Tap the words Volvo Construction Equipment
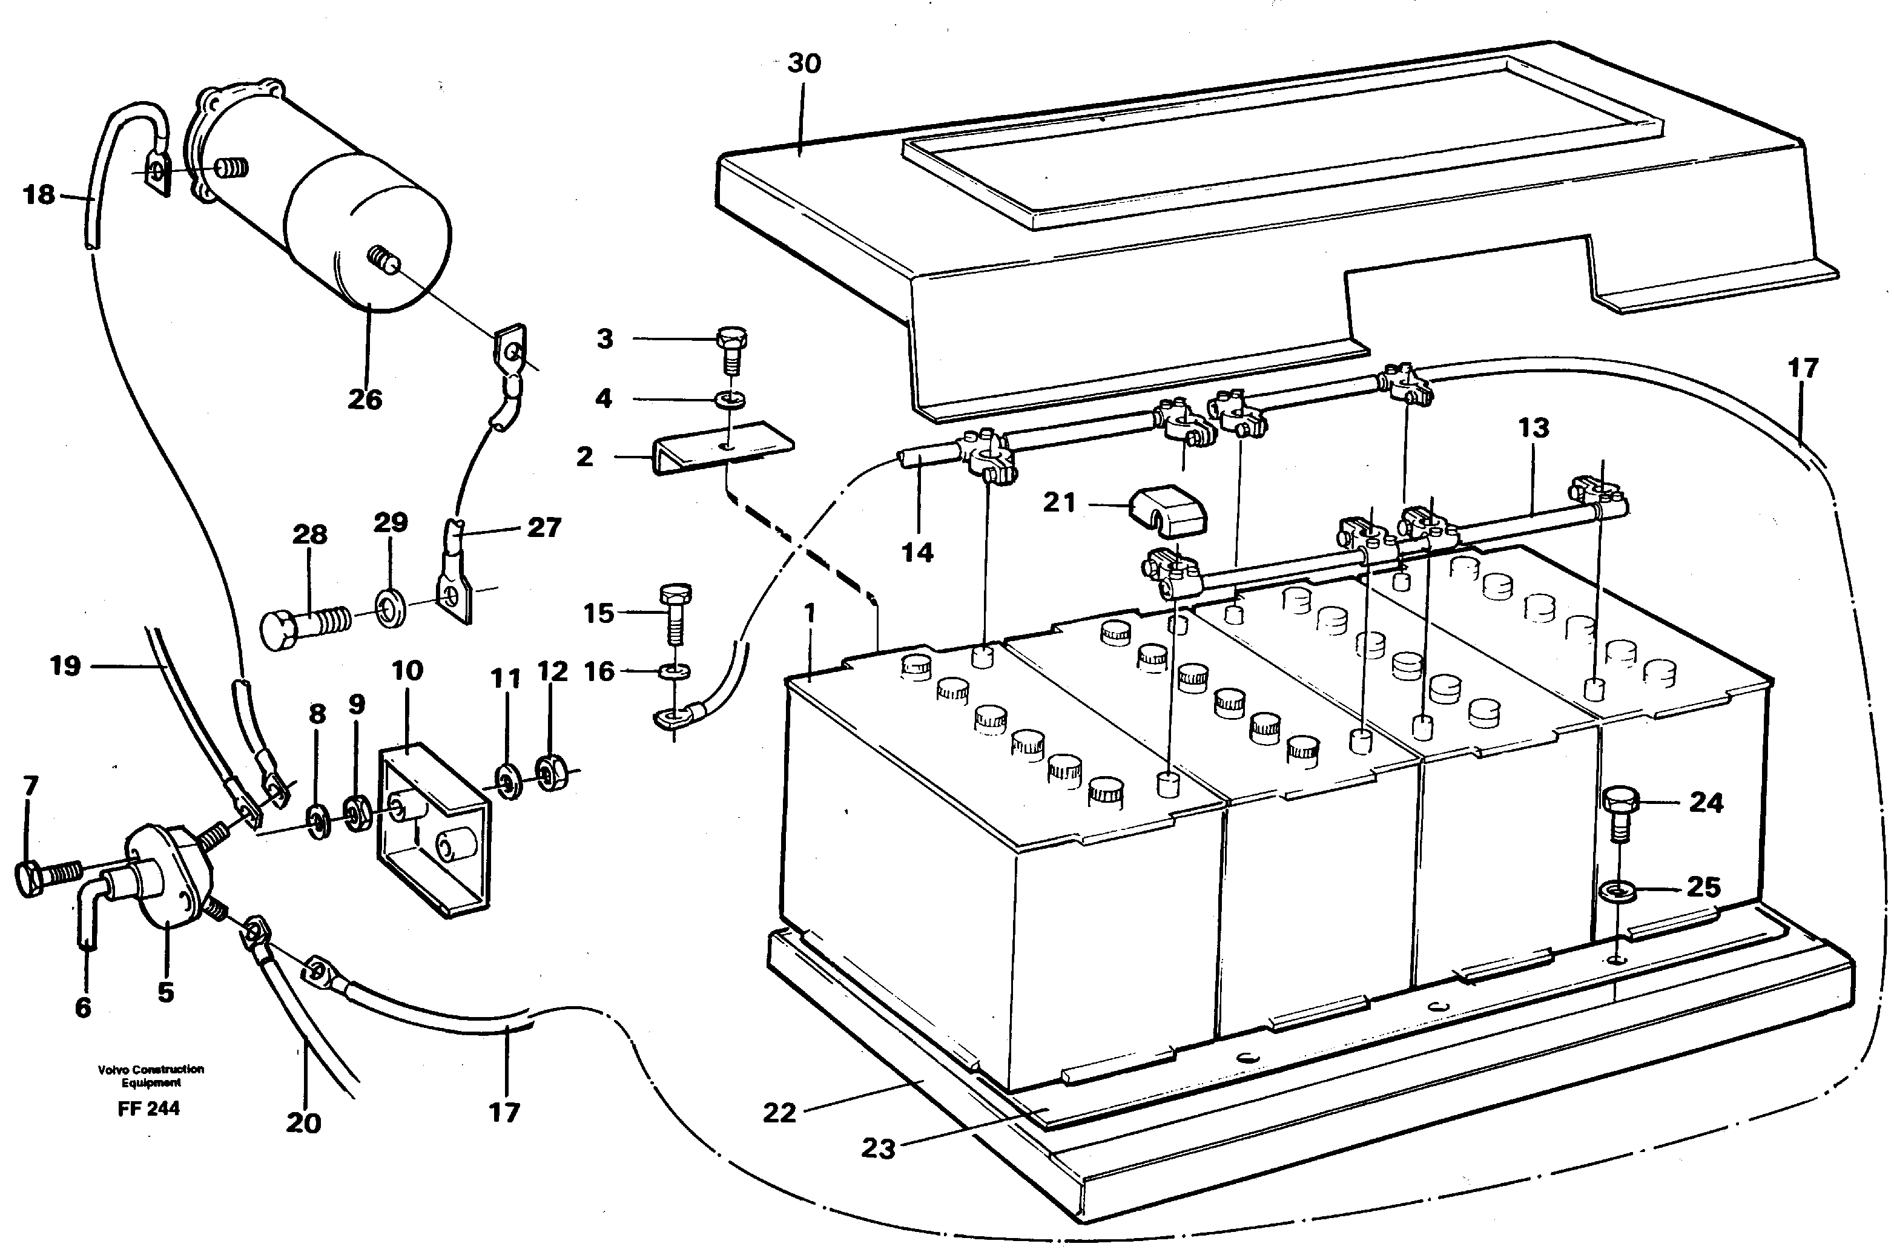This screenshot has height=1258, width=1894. (150, 1075)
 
